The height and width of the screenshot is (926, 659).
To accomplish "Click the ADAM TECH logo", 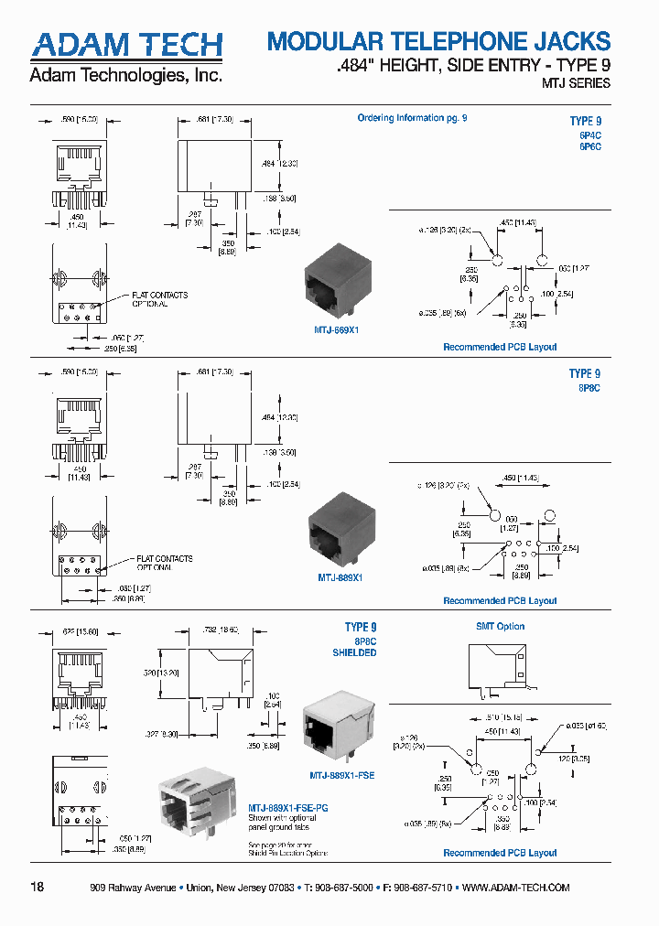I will [x=126, y=44].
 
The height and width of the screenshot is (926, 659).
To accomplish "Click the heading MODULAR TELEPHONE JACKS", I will [x=438, y=41].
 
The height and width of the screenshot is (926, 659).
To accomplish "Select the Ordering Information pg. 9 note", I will [x=412, y=118].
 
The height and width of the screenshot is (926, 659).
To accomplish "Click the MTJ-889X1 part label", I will [x=340, y=577].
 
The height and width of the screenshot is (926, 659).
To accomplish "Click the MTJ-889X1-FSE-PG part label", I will [x=289, y=809].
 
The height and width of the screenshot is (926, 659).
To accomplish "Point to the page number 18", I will [x=38, y=887].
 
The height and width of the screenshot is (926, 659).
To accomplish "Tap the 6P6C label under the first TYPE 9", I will [x=588, y=147].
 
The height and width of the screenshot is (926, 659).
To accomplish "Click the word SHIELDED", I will [x=353, y=653].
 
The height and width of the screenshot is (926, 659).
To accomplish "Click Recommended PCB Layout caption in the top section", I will [x=500, y=347].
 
